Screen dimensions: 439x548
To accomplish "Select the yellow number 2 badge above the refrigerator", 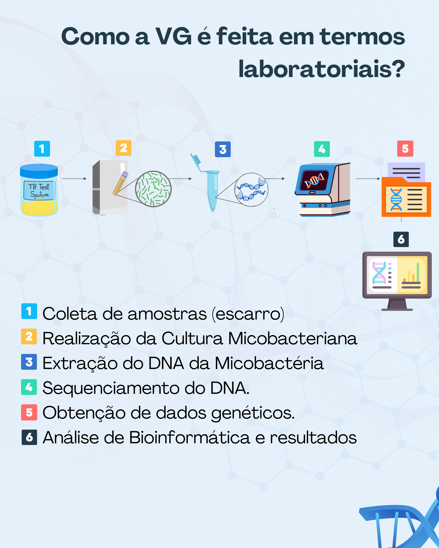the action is point(123,148).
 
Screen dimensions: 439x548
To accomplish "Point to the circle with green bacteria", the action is point(153,189).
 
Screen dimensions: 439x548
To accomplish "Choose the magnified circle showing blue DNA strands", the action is point(251,190).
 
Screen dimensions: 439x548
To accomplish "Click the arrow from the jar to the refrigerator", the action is point(74,179).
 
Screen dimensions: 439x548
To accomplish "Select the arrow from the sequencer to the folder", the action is point(367,179).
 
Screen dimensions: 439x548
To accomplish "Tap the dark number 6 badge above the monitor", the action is point(401,239).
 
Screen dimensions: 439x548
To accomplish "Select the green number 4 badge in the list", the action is point(29,387).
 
